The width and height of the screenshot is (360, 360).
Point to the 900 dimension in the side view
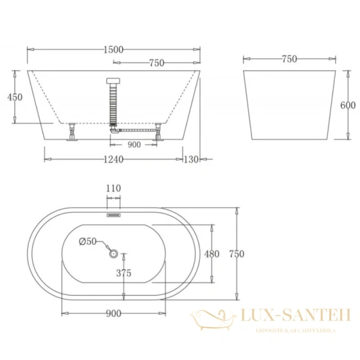tap(134, 145)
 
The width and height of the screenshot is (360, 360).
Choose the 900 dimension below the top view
tap(113, 313)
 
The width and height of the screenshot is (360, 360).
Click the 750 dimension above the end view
tap(289, 59)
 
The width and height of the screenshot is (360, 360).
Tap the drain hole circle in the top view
tap(113, 254)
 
